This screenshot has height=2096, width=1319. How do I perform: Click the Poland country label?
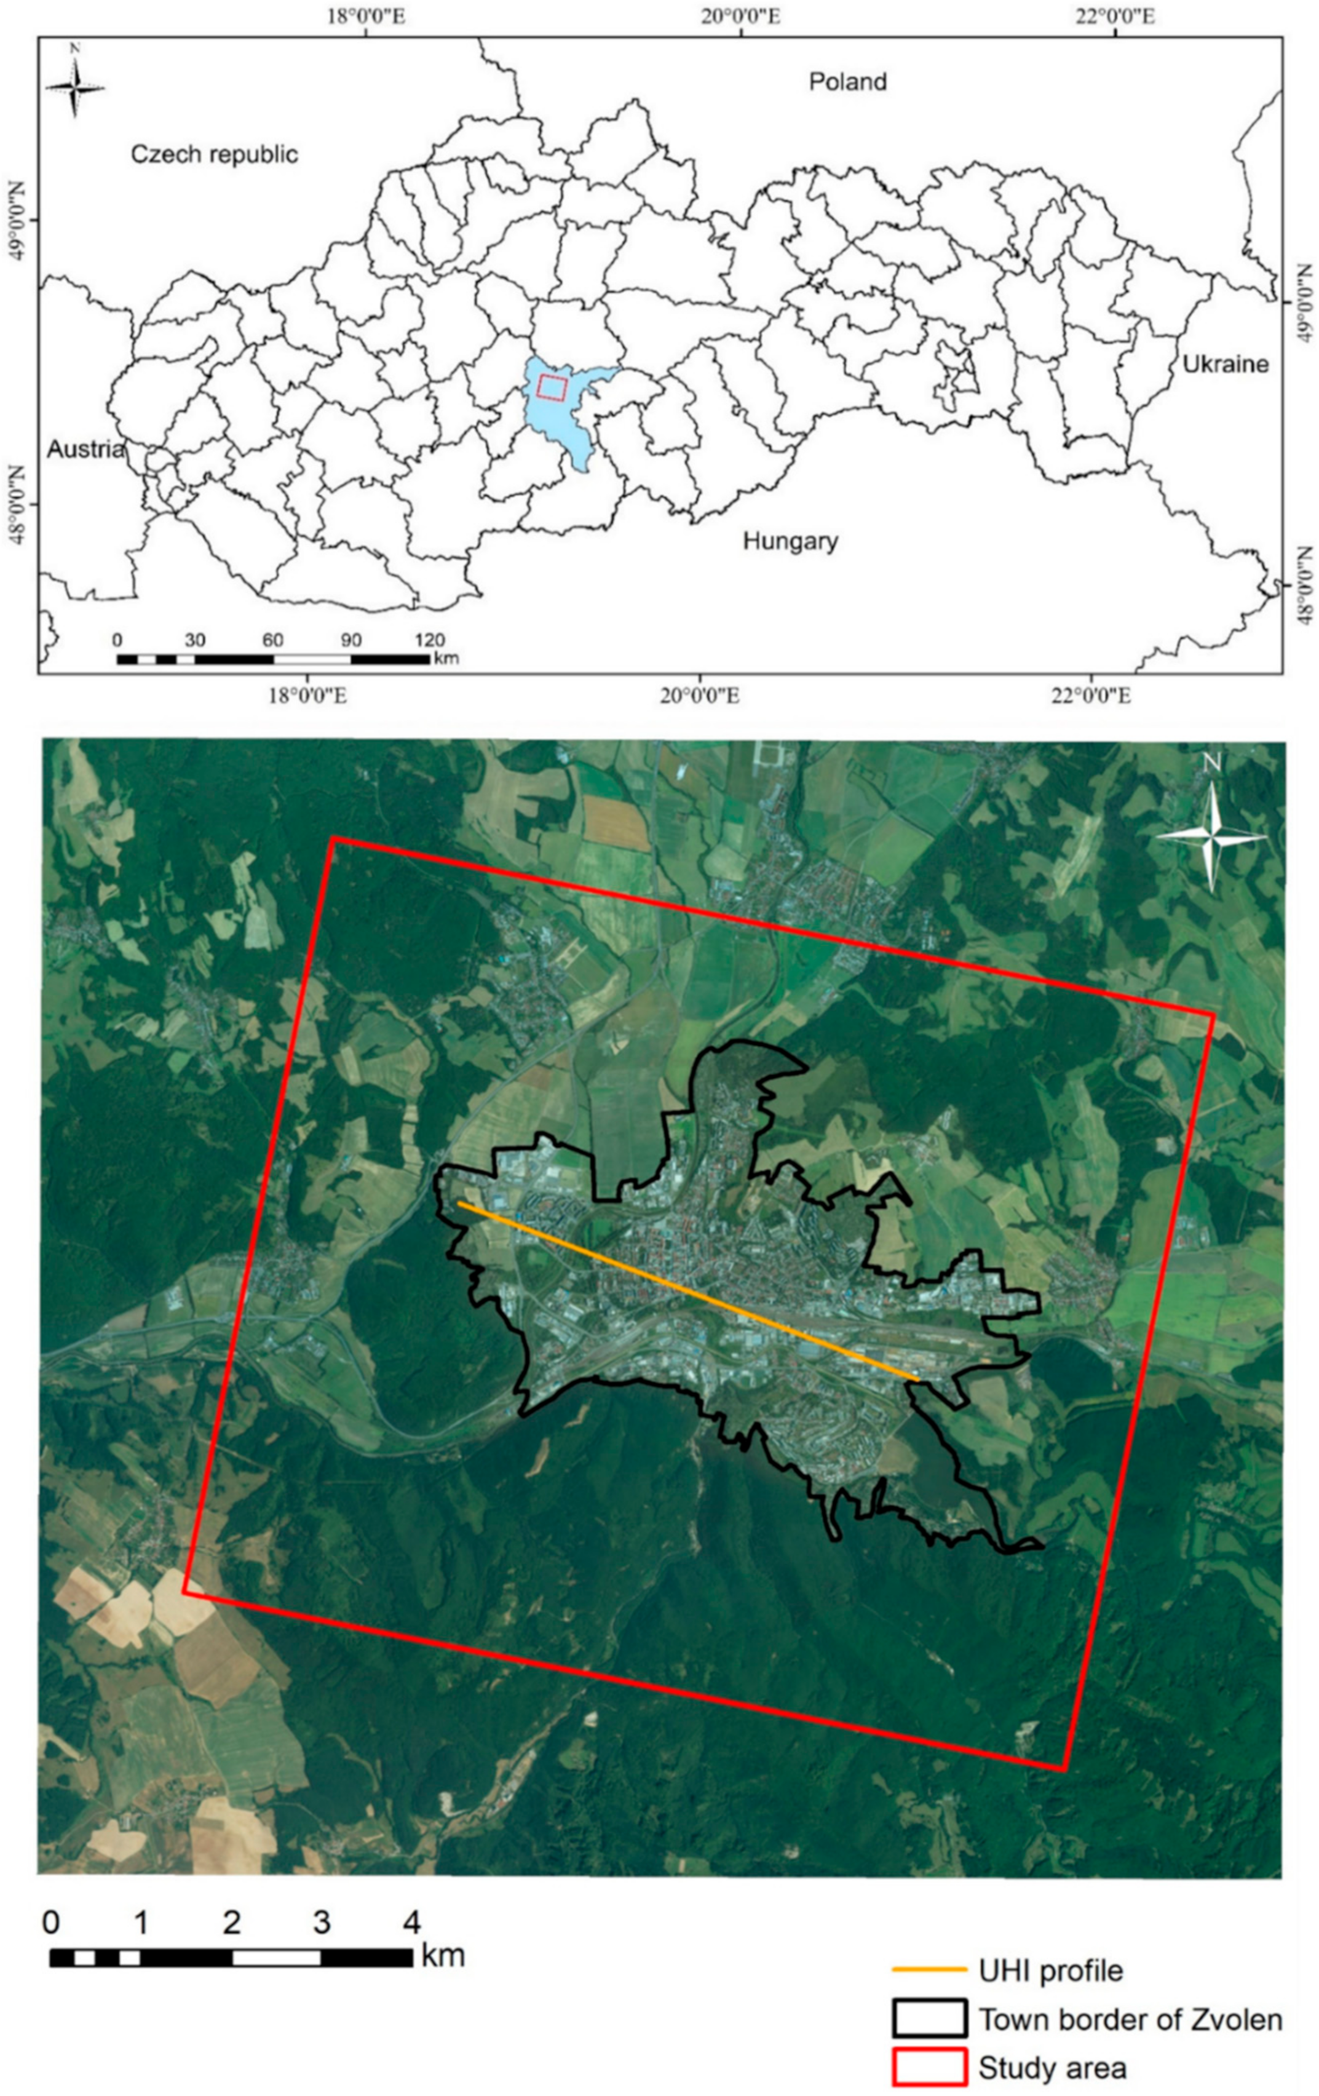point(847,82)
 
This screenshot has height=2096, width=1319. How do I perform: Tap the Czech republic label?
point(214,154)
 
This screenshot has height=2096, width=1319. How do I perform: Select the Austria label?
point(85,449)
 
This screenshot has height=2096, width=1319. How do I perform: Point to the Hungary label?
point(790,541)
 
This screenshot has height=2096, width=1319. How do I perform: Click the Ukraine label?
point(1225,364)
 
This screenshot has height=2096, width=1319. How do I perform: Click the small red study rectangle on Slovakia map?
point(552,386)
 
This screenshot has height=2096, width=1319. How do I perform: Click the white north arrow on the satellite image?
point(1210,836)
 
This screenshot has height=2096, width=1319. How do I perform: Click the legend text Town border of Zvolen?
point(1130,2018)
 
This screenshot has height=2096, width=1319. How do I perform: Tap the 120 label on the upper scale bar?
point(430,640)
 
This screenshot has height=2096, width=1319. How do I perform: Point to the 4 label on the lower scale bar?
point(411,1920)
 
